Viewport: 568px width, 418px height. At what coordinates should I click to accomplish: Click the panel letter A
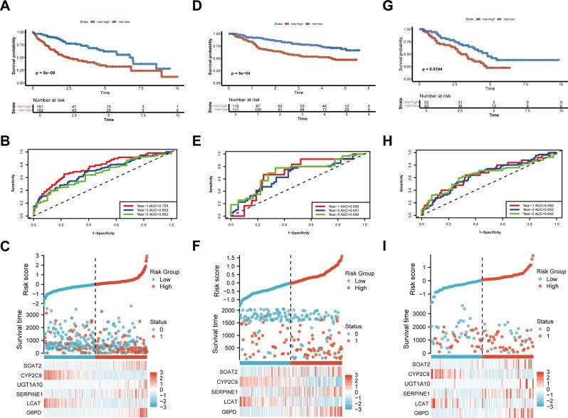click(x=6, y=6)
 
